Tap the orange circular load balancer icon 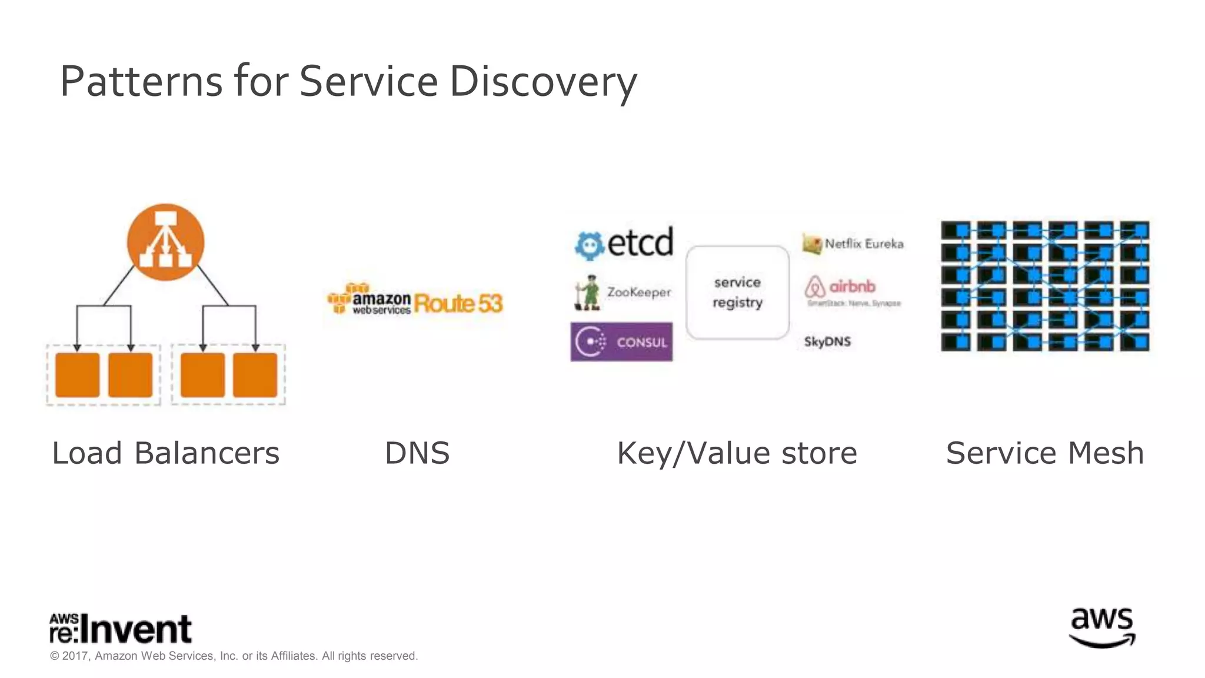click(165, 242)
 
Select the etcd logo click(624, 242)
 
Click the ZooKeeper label click(638, 292)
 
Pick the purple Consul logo click(621, 341)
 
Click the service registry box click(737, 293)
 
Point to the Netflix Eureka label click(863, 244)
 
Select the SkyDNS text click(827, 341)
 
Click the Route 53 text click(458, 304)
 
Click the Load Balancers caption click(165, 453)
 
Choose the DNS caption click(417, 453)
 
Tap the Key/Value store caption click(737, 453)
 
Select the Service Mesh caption click(1044, 453)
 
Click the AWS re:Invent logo click(121, 629)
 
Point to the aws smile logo click(1101, 628)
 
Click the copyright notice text click(234, 656)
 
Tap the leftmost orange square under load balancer click(77, 375)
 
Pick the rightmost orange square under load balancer click(255, 375)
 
